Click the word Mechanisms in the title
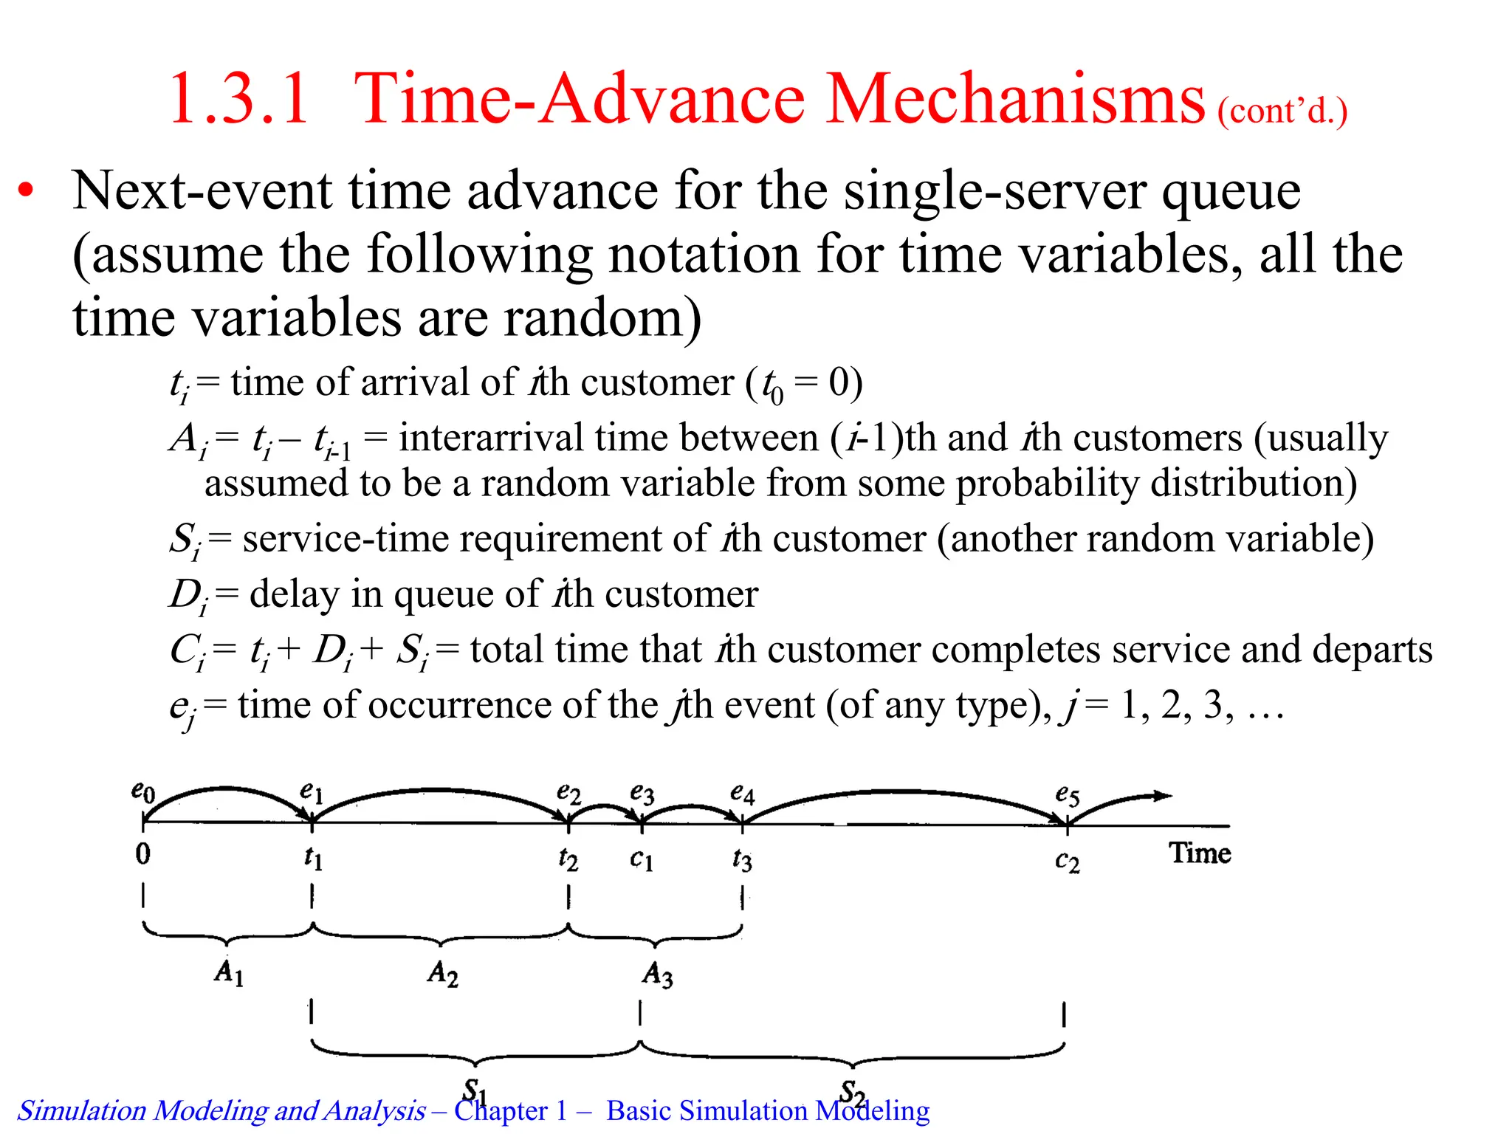click(1015, 99)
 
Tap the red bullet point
click(27, 191)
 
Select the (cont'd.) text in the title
click(1282, 111)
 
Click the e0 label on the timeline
click(143, 791)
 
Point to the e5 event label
click(1067, 795)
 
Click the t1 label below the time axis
click(313, 858)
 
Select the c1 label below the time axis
click(642, 859)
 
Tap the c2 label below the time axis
click(1067, 861)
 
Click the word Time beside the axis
click(1200, 853)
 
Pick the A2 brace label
click(443, 973)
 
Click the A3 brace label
click(657, 974)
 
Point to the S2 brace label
click(853, 1090)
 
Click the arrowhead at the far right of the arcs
click(1163, 796)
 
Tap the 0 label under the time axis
click(143, 854)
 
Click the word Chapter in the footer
click(501, 1110)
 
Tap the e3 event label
click(642, 794)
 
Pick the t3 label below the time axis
click(742, 859)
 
